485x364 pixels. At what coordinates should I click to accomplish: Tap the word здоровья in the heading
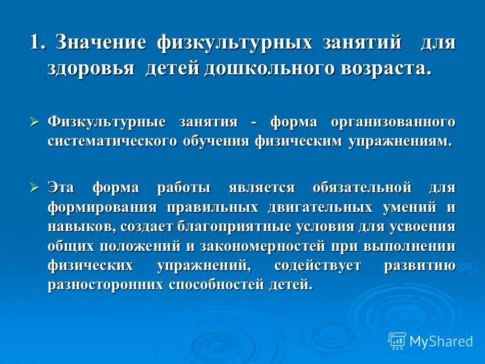(x=91, y=68)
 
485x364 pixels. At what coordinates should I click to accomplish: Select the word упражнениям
(x=399, y=141)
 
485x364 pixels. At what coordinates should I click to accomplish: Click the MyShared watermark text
(x=441, y=341)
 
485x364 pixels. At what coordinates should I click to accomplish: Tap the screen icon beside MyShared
(x=397, y=341)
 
